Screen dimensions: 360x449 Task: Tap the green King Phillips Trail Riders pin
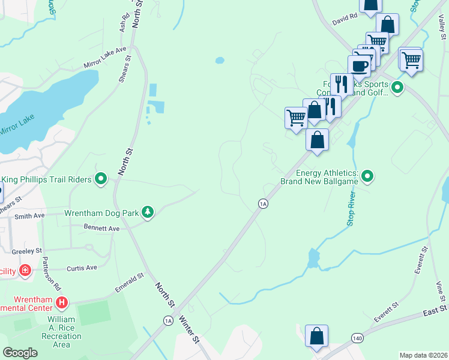(x=101, y=179)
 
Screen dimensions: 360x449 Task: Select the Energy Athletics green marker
(x=367, y=176)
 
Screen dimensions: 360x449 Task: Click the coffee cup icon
(x=360, y=65)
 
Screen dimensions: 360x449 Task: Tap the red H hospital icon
(x=61, y=301)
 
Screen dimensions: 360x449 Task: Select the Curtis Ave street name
(x=82, y=268)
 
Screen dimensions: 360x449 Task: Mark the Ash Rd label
(x=124, y=23)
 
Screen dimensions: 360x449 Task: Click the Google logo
(x=20, y=353)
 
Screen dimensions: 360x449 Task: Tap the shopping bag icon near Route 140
(x=316, y=337)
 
